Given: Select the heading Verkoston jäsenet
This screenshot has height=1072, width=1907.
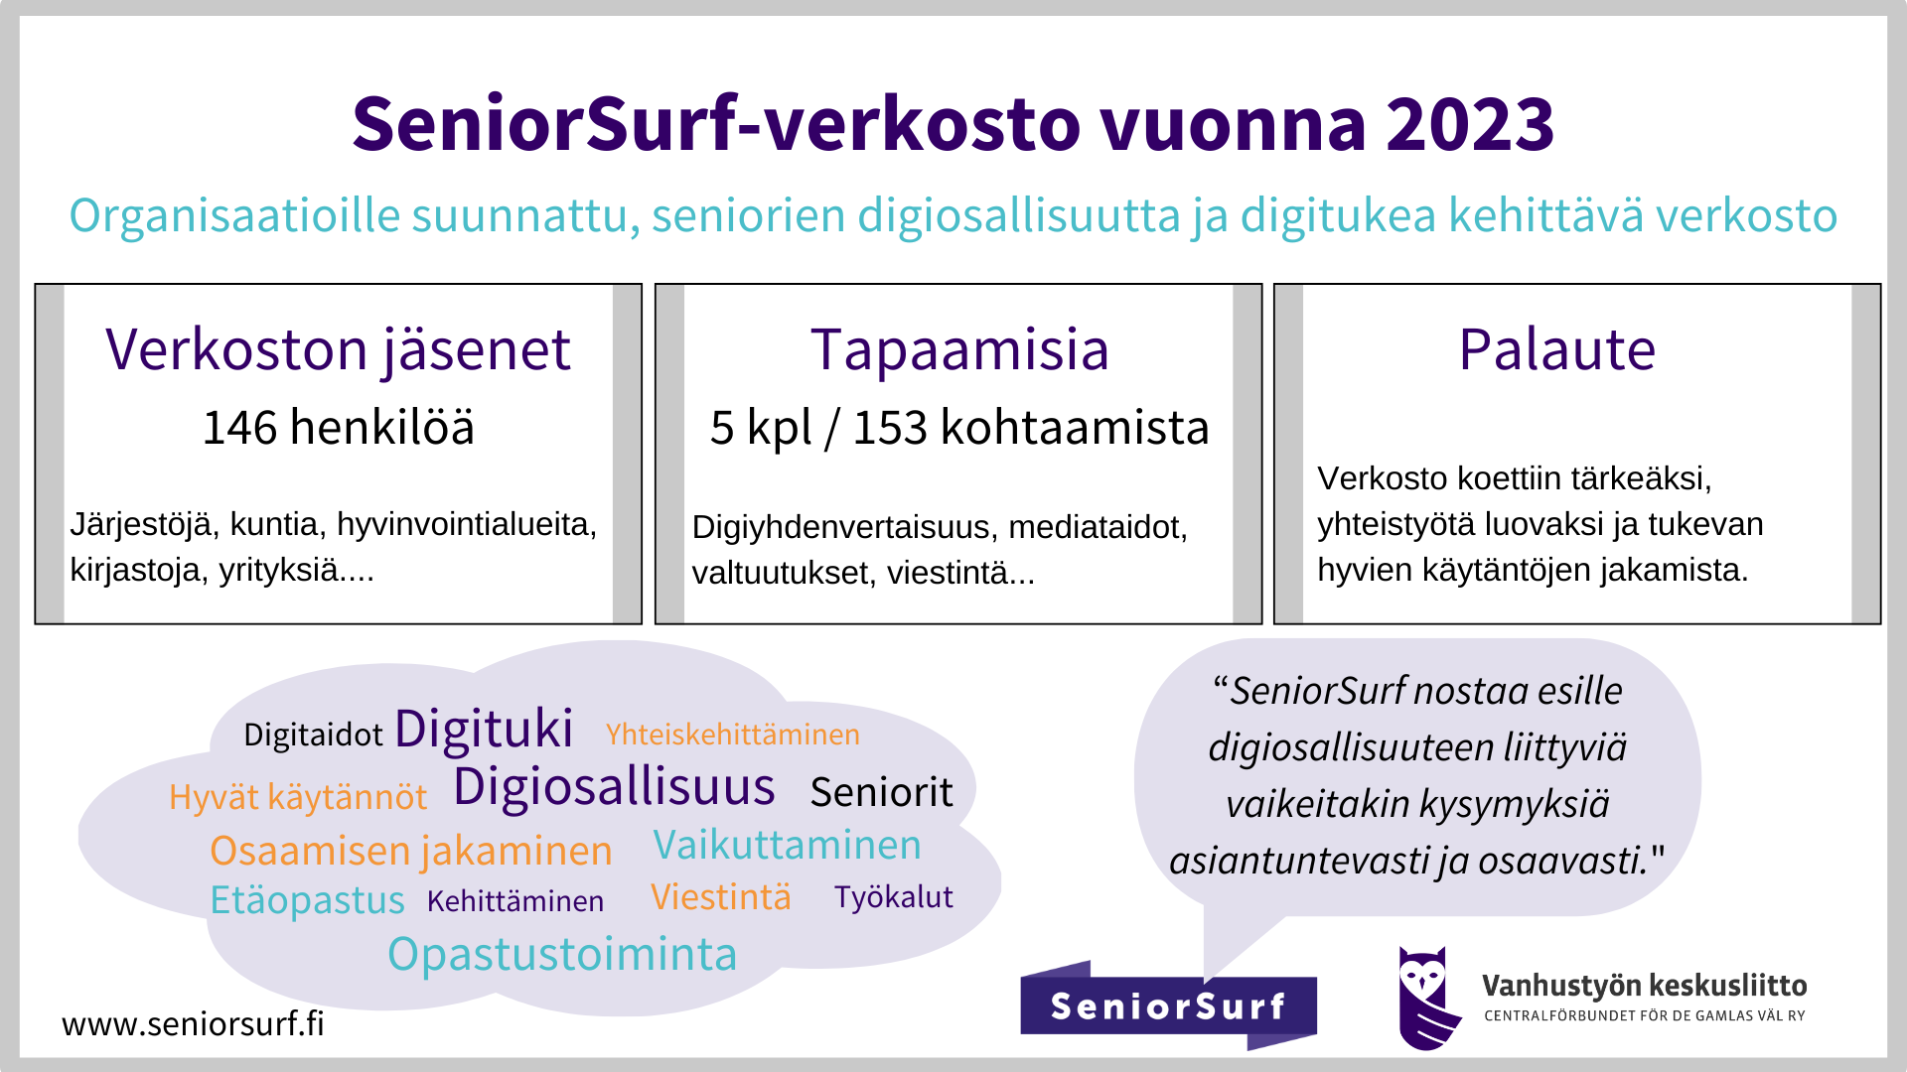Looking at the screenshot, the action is click(339, 350).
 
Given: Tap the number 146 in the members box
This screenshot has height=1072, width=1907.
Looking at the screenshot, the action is click(239, 428).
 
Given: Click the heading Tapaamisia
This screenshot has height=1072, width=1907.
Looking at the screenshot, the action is click(959, 349).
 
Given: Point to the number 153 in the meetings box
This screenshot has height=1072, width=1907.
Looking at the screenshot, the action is click(890, 428).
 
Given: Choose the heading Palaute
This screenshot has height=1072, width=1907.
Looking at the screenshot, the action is click(1557, 349).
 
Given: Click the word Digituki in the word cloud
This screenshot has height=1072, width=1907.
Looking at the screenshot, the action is click(484, 730).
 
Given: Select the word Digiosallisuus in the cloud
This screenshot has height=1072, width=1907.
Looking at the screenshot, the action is click(614, 788).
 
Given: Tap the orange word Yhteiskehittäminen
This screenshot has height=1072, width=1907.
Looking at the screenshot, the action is click(733, 735).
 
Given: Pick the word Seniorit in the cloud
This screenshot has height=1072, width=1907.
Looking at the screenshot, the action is click(881, 792).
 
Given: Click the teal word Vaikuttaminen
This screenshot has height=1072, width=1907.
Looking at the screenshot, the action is click(787, 845).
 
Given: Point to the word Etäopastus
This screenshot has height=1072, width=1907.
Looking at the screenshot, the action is click(307, 900).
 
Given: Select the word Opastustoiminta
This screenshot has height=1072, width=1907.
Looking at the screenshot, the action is click(562, 955).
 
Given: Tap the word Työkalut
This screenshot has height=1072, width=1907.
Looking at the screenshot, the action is click(894, 897).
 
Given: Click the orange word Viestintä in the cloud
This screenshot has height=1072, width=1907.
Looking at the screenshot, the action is click(721, 896).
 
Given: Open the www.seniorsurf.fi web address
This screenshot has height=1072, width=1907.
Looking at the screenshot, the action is click(193, 1023).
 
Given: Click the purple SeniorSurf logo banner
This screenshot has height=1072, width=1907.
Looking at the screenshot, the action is click(1168, 1005).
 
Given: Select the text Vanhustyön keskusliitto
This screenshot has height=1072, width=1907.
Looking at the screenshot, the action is click(1645, 986).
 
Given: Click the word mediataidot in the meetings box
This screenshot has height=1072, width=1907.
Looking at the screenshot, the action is click(1098, 527).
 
